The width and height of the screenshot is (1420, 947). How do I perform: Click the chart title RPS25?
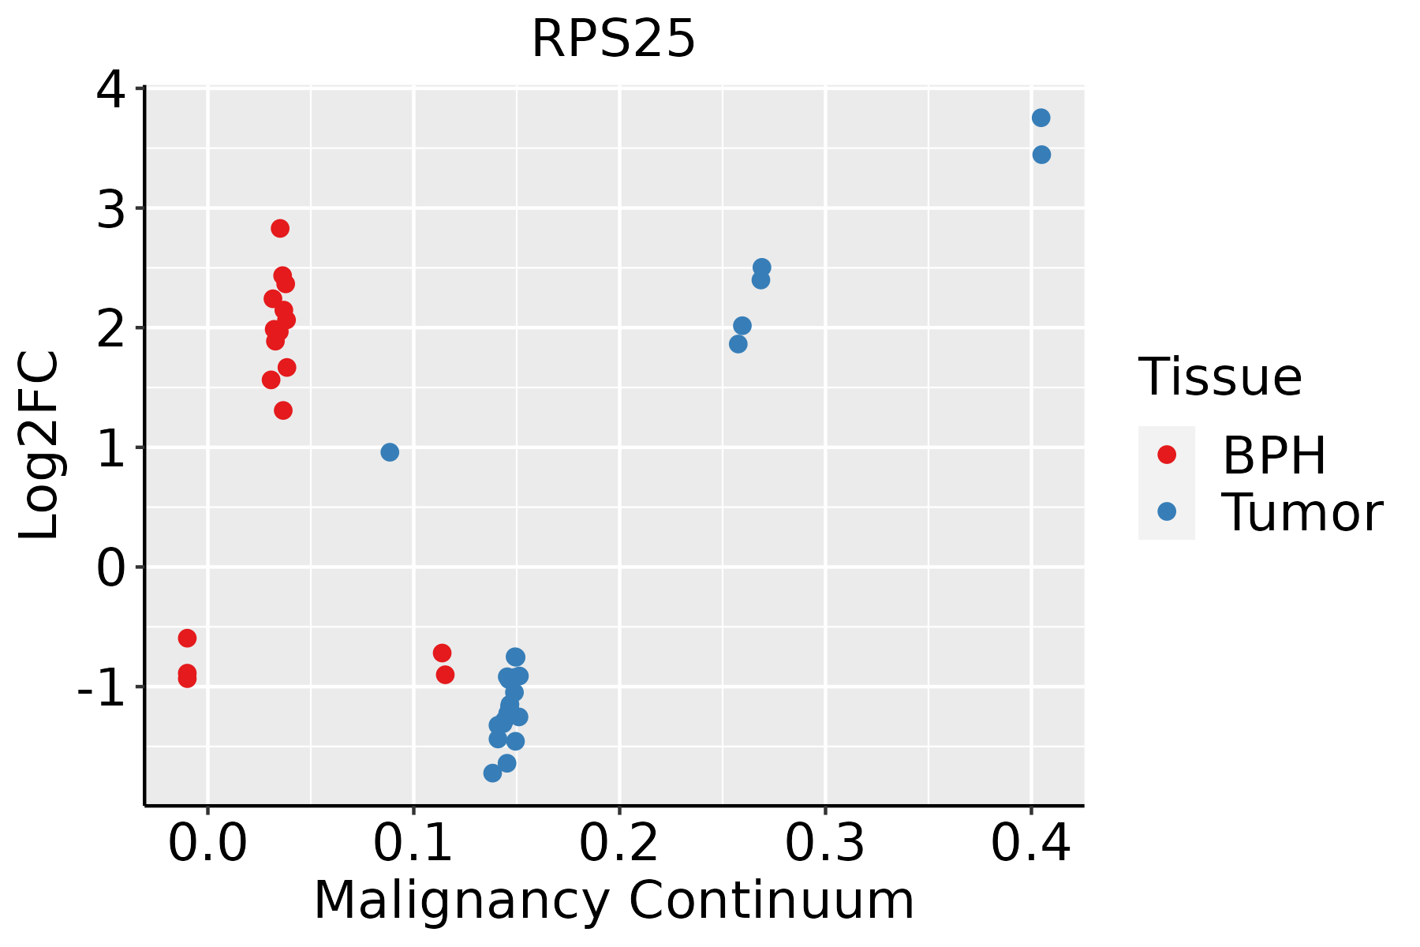613,39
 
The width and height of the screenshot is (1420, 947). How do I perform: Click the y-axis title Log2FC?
39,446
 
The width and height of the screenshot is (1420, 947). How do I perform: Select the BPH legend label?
1274,455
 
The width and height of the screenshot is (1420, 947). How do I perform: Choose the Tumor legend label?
1302,513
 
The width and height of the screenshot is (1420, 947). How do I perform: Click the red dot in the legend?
1166,455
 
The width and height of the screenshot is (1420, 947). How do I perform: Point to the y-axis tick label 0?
110,568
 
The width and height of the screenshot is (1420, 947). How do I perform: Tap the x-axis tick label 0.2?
619,844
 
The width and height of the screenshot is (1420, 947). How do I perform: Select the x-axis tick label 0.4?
1031,844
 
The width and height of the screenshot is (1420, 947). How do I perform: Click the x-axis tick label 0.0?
207,844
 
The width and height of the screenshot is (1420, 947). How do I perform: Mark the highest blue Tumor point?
1041,118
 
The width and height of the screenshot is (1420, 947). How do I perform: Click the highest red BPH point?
280,228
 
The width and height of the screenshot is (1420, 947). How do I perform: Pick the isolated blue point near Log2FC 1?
390,452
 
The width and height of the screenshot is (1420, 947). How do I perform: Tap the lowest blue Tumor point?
493,773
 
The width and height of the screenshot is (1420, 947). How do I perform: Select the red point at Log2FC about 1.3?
283,410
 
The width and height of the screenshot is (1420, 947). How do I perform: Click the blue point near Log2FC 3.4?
1041,155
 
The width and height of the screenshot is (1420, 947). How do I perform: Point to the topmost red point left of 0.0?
187,638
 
